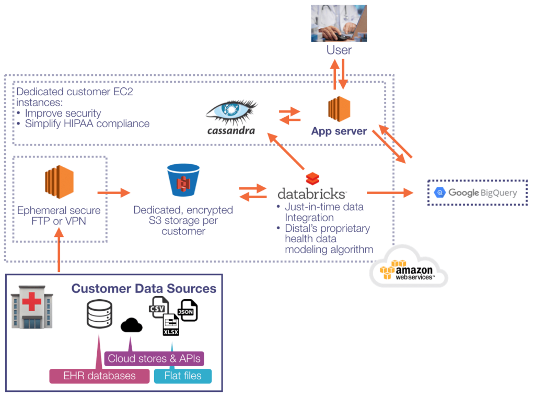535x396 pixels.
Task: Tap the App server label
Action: point(339,131)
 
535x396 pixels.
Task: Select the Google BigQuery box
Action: point(477,193)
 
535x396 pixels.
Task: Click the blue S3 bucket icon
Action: point(183,181)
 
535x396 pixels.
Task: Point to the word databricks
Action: point(311,193)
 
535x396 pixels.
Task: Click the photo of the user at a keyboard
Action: point(339,23)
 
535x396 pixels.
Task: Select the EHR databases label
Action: point(99,376)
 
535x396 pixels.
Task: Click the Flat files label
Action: point(183,376)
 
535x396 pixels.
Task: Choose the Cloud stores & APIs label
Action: point(155,359)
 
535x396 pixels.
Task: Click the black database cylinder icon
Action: point(99,314)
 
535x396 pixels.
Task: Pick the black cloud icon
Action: point(131,326)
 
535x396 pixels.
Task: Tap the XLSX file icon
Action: point(171,324)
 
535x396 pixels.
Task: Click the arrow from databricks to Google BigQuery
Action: point(389,193)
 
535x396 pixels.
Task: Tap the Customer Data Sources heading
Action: point(144,288)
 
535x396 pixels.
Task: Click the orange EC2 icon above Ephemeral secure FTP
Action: point(59,182)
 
